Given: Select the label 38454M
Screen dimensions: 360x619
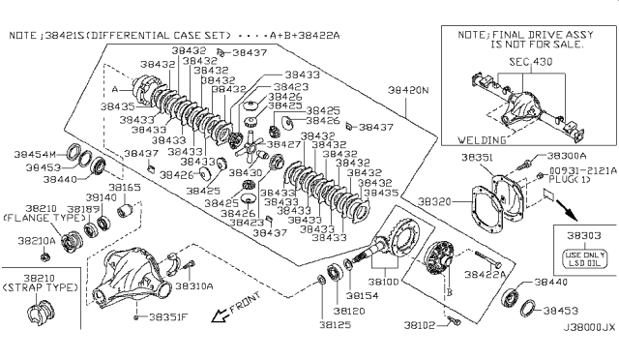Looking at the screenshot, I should pyautogui.click(x=36, y=154).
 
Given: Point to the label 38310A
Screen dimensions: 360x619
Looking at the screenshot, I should pyautogui.click(x=195, y=286).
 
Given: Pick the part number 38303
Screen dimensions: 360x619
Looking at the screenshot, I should pyautogui.click(x=581, y=235).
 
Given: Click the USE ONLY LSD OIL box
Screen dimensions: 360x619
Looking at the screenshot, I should pyautogui.click(x=582, y=259).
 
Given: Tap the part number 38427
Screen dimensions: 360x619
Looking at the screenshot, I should pyautogui.click(x=282, y=144).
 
